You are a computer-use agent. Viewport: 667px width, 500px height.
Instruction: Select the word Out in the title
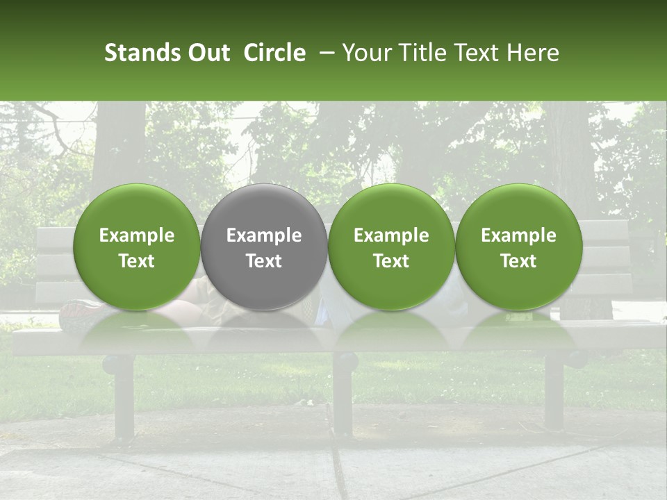[208, 53]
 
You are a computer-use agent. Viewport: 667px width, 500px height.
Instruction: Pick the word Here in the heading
[533, 53]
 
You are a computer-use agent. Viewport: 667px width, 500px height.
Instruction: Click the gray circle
[264, 247]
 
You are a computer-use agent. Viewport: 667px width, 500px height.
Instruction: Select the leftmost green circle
[137, 247]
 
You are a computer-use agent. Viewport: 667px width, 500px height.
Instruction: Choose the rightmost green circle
[519, 247]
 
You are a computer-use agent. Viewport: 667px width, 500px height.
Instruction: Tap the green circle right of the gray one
[391, 247]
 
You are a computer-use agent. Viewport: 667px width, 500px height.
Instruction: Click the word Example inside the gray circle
[264, 235]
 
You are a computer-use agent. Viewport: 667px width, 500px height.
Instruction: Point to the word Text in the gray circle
[264, 261]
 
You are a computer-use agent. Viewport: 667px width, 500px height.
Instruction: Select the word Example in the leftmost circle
[137, 235]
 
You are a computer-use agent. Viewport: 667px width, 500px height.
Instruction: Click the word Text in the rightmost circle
[519, 261]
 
